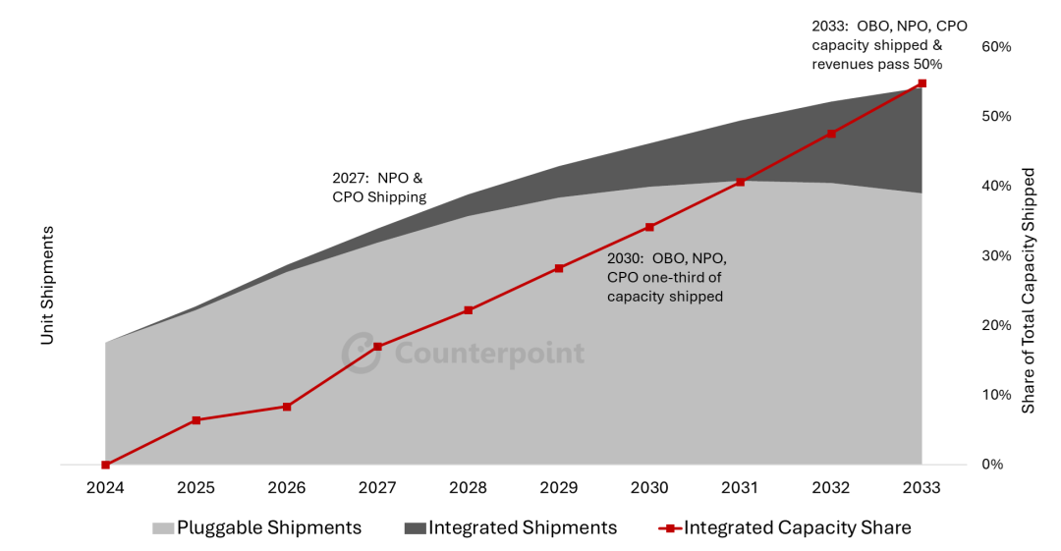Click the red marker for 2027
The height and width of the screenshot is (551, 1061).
pyautogui.click(x=377, y=347)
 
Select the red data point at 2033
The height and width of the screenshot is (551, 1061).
pyautogui.click(x=921, y=83)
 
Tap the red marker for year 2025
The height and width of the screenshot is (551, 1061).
pyautogui.click(x=196, y=420)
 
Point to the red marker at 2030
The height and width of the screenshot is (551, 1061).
pyautogui.click(x=649, y=227)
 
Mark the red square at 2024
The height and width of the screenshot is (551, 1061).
pyautogui.click(x=105, y=465)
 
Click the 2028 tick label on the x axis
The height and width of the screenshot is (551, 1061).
pyautogui.click(x=468, y=487)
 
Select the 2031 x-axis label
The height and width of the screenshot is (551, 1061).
pyautogui.click(x=740, y=487)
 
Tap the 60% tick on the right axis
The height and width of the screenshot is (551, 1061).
pyautogui.click(x=996, y=46)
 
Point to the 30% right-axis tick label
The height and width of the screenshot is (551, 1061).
pyautogui.click(x=996, y=255)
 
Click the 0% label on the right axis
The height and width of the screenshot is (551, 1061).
pyautogui.click(x=992, y=465)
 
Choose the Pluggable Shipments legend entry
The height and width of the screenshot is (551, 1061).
pyautogui.click(x=256, y=527)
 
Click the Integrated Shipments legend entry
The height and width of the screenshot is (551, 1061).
pyautogui.click(x=510, y=527)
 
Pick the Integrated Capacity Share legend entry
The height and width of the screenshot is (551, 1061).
pyautogui.click(x=785, y=527)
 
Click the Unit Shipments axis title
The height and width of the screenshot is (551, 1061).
pyautogui.click(x=47, y=285)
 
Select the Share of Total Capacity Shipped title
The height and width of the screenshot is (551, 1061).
pyautogui.click(x=1029, y=290)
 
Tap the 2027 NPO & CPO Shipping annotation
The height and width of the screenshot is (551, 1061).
pyautogui.click(x=379, y=188)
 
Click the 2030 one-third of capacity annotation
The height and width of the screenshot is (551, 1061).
pyautogui.click(x=666, y=277)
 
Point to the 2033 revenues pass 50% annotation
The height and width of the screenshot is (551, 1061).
pyautogui.click(x=877, y=45)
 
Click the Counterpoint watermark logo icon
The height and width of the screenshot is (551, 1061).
pyautogui.click(x=361, y=353)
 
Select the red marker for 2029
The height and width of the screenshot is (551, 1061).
pyautogui.click(x=559, y=268)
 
